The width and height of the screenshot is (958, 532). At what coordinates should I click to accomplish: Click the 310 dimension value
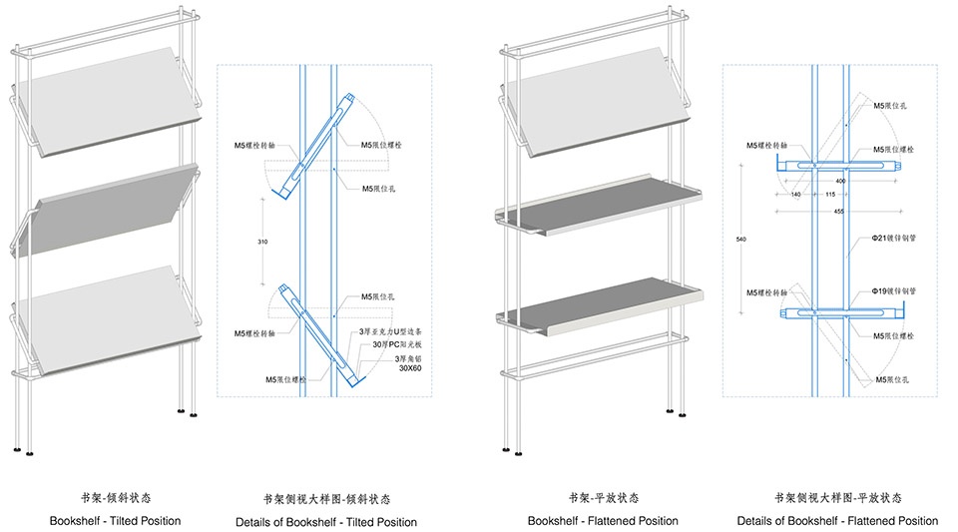coord(261,241)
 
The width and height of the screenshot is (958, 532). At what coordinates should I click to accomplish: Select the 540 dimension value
coord(739,241)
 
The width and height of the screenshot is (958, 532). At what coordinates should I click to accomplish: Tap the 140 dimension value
coord(795,194)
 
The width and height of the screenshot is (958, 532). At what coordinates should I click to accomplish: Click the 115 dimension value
coord(831,194)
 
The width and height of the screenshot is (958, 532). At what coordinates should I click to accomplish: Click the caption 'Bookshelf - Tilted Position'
coord(116,521)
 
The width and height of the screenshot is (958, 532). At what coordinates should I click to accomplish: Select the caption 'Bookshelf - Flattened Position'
coord(603,521)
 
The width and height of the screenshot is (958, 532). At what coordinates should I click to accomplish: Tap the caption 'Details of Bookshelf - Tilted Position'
coord(326,521)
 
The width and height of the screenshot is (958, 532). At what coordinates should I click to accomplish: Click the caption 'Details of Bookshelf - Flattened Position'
coord(837,521)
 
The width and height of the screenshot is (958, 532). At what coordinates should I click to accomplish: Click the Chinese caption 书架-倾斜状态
coord(116,496)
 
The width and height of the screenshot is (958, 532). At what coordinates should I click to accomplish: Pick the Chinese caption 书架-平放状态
coord(603,496)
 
